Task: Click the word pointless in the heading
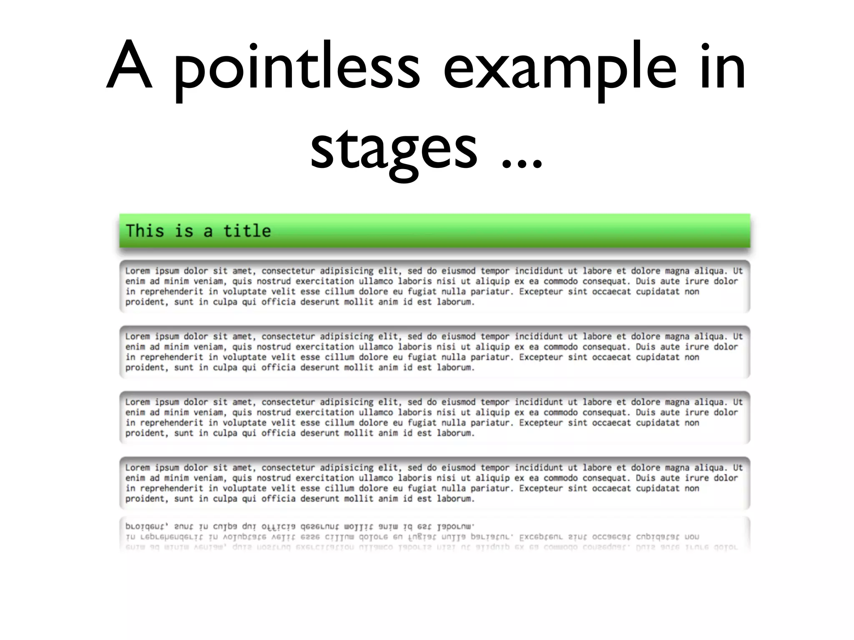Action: (296, 69)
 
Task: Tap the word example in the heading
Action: (559, 69)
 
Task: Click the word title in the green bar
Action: (247, 231)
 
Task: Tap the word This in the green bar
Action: (145, 231)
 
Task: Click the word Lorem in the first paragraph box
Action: (137, 271)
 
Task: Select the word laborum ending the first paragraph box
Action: (455, 302)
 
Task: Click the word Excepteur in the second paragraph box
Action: (541, 357)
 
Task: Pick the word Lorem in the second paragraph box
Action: (137, 336)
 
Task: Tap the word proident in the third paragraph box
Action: (146, 433)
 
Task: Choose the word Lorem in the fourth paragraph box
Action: (137, 467)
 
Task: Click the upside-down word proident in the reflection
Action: (146, 527)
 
